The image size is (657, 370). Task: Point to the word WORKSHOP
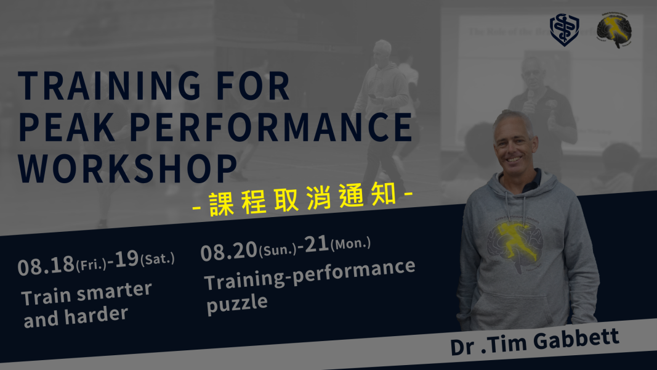(127, 168)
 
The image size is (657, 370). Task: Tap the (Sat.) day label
(158, 259)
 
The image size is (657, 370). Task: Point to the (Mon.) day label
(351, 244)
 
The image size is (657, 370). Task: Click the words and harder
(76, 317)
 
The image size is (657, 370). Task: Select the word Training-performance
(310, 275)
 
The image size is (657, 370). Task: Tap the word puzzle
(237, 304)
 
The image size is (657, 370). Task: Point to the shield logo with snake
(565, 30)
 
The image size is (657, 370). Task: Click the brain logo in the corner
(614, 30)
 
